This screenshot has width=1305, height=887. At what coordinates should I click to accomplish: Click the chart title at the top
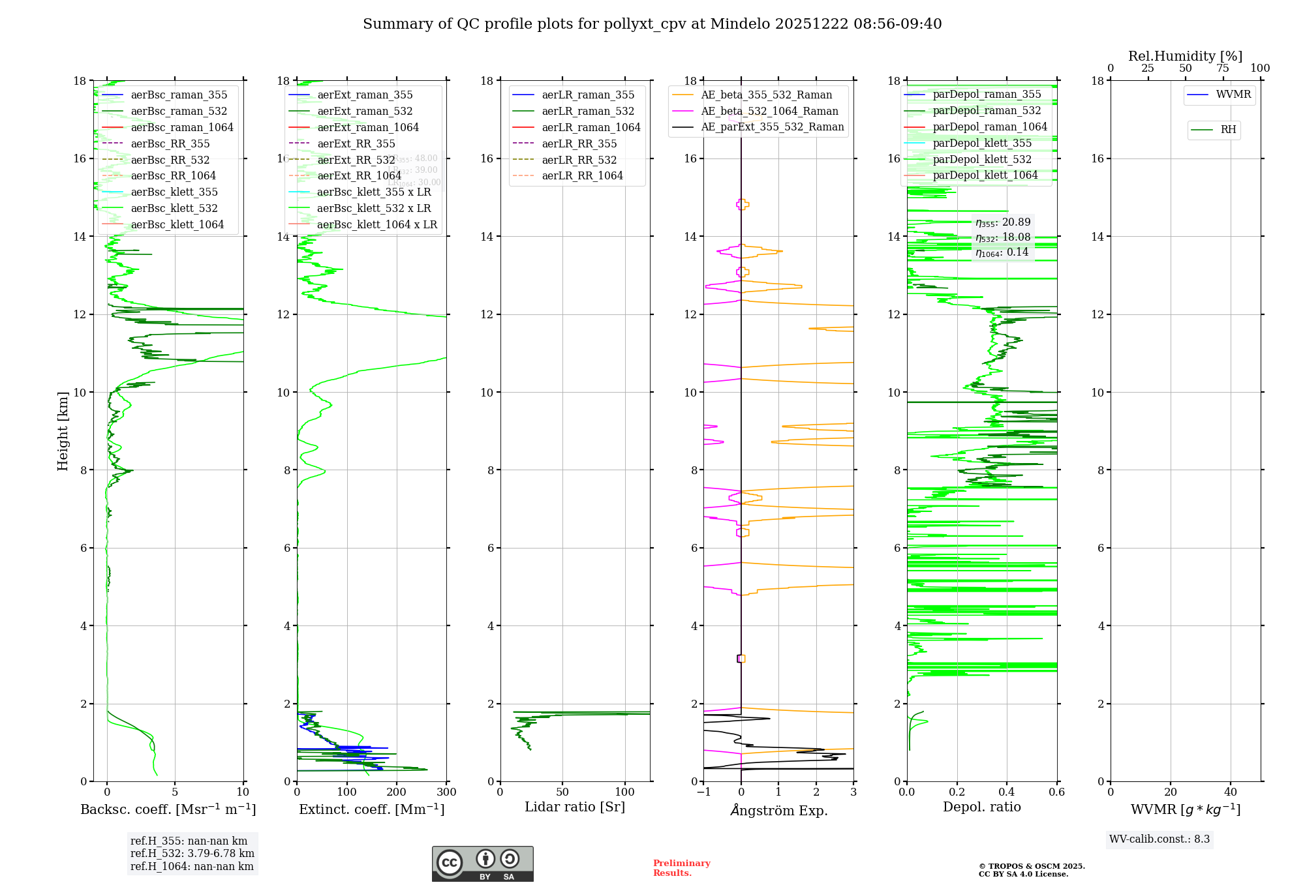[652, 24]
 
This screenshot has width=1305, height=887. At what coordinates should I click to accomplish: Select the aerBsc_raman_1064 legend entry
[182, 127]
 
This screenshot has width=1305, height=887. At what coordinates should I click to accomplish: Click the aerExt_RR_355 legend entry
[356, 143]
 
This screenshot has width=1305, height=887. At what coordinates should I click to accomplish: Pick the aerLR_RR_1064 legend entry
[582, 175]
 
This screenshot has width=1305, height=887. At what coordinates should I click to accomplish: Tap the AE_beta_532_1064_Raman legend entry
[769, 111]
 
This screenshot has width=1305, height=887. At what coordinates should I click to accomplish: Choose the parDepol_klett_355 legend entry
[982, 143]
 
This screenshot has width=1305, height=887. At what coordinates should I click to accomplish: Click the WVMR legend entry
[1233, 95]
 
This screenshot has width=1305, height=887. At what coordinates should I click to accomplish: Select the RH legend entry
[1228, 130]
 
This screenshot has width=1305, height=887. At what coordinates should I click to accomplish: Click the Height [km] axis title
[63, 430]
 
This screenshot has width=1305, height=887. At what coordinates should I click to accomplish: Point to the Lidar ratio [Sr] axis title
[575, 807]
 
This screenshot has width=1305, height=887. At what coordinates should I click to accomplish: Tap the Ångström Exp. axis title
[778, 810]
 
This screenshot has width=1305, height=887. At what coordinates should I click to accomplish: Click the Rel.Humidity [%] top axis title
[1185, 56]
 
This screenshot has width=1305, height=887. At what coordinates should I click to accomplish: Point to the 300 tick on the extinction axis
[447, 792]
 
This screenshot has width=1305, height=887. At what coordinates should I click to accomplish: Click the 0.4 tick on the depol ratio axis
[1007, 792]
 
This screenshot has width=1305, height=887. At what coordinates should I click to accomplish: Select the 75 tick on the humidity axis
[1223, 68]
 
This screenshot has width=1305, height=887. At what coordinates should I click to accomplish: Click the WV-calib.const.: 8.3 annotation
[1159, 839]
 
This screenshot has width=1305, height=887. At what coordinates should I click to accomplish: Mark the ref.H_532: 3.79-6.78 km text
[192, 854]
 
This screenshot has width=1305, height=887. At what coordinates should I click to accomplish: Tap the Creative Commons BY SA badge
[482, 864]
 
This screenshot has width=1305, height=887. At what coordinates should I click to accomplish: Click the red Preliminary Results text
[681, 868]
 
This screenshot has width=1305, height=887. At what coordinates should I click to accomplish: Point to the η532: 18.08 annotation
[1003, 237]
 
